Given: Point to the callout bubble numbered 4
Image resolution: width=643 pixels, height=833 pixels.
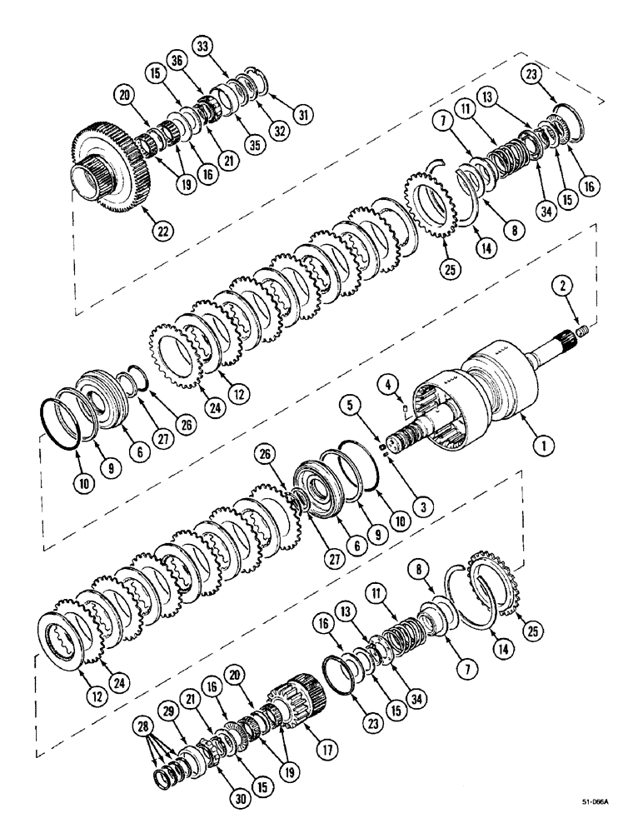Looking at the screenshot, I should (388, 384).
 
